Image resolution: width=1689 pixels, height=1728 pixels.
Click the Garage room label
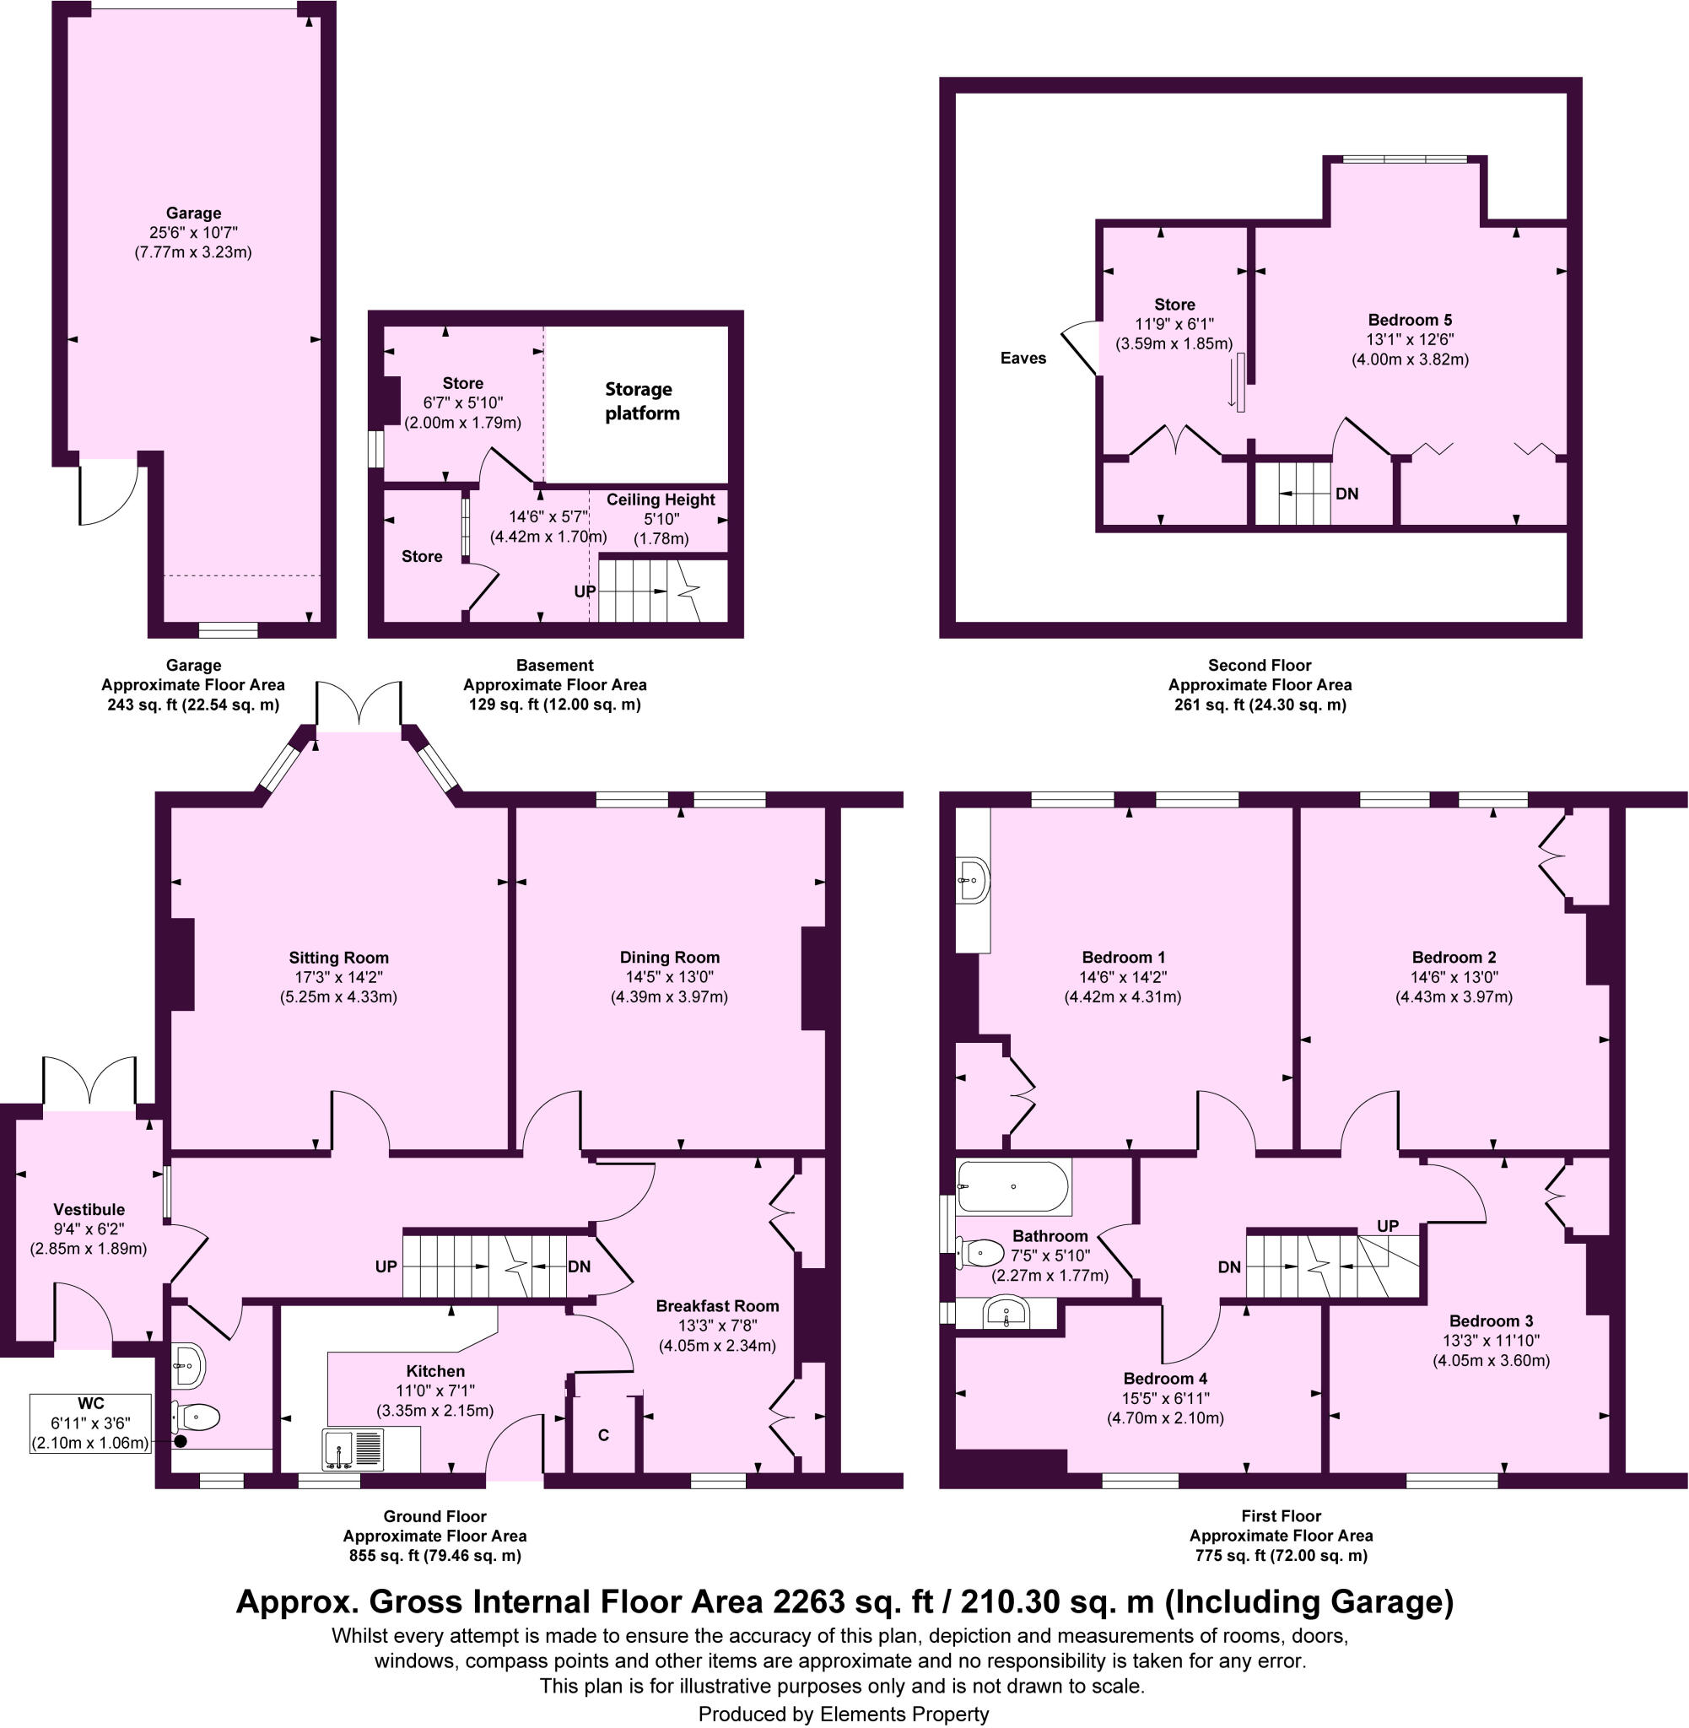click(192, 213)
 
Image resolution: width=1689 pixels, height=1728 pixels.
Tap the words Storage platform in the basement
click(639, 401)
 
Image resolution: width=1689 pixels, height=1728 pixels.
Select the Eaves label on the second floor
click(1023, 359)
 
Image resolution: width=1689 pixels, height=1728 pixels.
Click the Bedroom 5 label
click(1409, 321)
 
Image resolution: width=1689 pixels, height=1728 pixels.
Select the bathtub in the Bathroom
click(1014, 1187)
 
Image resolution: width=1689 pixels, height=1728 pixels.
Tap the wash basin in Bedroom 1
click(973, 880)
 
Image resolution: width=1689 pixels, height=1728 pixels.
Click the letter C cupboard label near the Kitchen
click(603, 1435)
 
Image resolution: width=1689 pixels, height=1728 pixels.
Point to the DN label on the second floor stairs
click(1346, 494)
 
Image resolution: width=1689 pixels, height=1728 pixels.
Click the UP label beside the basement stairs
click(585, 591)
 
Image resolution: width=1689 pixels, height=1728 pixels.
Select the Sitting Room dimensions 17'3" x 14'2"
click(338, 977)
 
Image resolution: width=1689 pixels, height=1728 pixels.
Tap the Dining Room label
click(669, 957)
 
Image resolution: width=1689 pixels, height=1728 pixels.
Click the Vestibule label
click(89, 1209)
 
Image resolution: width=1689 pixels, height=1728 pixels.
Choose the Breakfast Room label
click(717, 1306)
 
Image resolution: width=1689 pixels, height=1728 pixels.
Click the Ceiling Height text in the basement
click(660, 499)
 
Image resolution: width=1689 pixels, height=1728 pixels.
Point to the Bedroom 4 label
click(1165, 1379)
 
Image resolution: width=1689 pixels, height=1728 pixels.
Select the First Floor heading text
click(1280, 1516)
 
